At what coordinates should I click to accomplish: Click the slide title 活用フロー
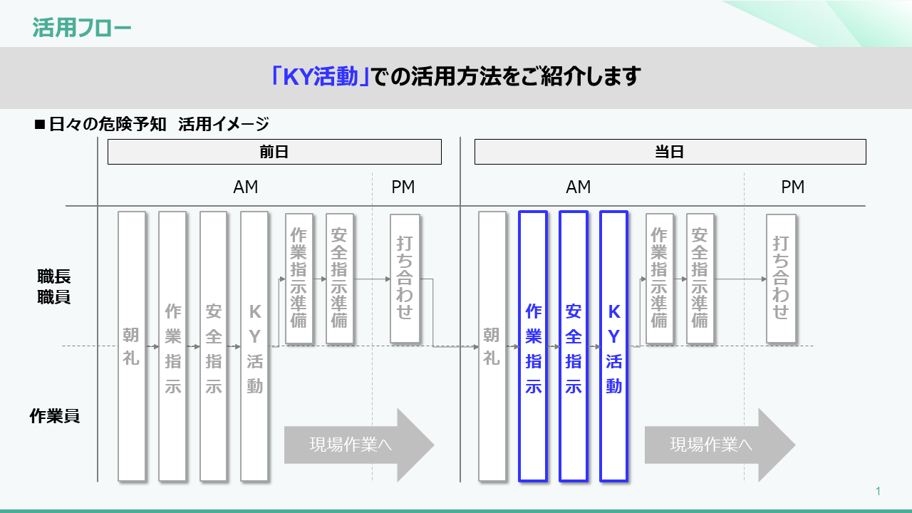click(x=82, y=28)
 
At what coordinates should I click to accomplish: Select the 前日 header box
click(x=274, y=152)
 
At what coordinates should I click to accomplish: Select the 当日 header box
click(x=670, y=152)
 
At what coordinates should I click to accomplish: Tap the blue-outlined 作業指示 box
click(x=533, y=346)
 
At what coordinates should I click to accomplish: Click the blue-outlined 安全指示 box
click(x=574, y=346)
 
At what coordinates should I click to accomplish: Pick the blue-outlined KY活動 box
click(x=613, y=346)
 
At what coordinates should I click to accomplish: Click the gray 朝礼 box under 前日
click(x=132, y=346)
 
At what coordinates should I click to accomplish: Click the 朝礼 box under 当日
click(x=492, y=346)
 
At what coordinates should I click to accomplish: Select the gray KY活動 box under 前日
click(x=254, y=346)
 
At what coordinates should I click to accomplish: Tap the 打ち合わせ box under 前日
click(x=405, y=278)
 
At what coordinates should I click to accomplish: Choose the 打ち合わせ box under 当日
click(x=781, y=278)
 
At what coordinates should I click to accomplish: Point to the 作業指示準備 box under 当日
click(x=660, y=278)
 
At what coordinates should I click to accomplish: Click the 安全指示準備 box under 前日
click(x=339, y=278)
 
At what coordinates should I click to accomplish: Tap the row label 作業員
click(x=54, y=416)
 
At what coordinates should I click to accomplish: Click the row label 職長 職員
click(x=54, y=286)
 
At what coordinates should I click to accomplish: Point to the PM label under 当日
click(x=792, y=187)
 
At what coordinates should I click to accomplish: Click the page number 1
click(x=879, y=491)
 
